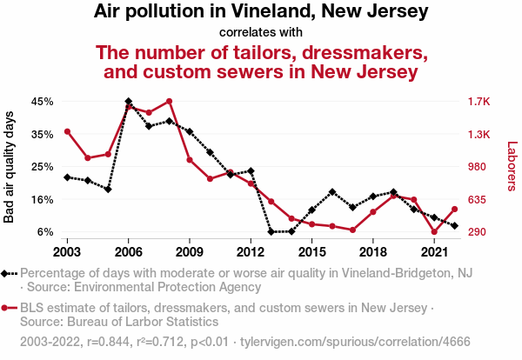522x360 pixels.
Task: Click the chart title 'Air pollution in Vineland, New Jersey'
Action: coord(261,12)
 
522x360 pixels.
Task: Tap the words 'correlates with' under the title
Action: coord(261,33)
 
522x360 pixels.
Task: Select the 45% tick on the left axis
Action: coord(43,102)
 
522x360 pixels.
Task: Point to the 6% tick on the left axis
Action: coord(46,232)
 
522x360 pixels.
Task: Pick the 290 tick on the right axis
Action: coord(478,232)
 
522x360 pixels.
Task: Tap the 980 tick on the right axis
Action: coord(478,167)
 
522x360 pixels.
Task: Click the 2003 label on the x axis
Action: coord(67,251)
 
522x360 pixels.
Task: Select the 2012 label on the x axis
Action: coord(251,251)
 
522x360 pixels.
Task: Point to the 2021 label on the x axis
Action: coord(434,251)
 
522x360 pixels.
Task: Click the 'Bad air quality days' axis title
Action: coord(10,167)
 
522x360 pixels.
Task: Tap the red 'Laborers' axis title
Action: coord(512,167)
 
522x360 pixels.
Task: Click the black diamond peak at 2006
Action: coord(129,102)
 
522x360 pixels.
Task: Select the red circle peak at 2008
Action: coord(169,102)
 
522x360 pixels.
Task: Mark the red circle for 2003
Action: coord(67,131)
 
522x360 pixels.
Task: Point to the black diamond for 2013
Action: coord(271,232)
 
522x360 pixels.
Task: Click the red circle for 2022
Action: coord(455,209)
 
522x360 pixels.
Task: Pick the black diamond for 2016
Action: coord(332,191)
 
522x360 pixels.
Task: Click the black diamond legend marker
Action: coord(7,273)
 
